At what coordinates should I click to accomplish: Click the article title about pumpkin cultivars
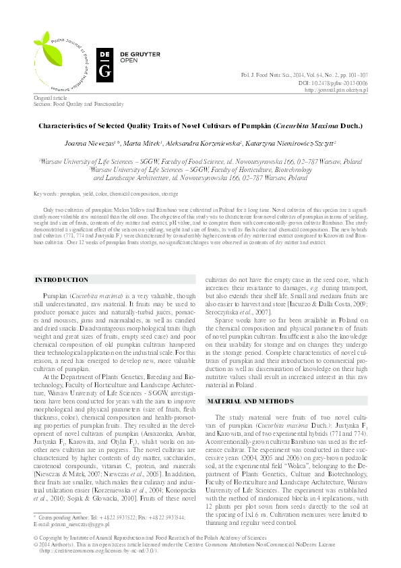coord(200,126)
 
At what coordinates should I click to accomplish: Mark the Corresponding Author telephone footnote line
coord(100,517)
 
